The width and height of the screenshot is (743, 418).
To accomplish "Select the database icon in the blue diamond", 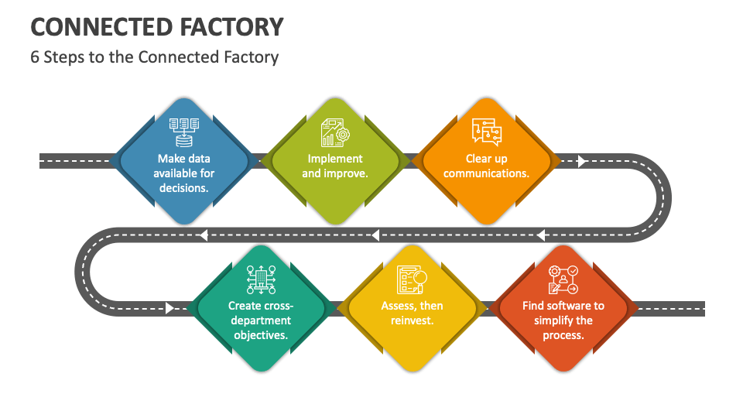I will [x=184, y=131].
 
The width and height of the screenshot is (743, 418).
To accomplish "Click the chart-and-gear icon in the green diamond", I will [x=335, y=132].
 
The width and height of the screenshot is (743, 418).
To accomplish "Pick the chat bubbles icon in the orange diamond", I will [x=486, y=131].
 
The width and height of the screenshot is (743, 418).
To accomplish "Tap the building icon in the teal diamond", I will [x=261, y=279].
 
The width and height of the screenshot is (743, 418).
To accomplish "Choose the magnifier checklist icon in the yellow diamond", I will [x=412, y=279].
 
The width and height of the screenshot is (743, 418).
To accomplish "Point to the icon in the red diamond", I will [x=563, y=279].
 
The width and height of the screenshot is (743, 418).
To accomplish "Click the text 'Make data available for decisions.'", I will [x=184, y=173].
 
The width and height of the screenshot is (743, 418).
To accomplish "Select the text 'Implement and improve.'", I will [x=335, y=166].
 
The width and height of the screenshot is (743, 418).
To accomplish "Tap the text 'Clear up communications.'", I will [x=486, y=166].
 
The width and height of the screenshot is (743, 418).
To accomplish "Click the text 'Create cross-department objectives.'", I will [x=261, y=320].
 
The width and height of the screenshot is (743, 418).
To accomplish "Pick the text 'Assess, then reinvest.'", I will [x=412, y=313].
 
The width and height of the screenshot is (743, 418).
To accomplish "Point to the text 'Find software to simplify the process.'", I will [x=563, y=320].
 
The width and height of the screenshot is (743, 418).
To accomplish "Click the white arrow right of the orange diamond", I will [x=582, y=161].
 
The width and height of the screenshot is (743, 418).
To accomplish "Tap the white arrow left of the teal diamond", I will [x=169, y=308].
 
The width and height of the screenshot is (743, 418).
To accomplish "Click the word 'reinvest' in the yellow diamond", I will [x=412, y=320].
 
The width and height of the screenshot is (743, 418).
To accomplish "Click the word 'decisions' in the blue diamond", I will [x=184, y=188].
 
